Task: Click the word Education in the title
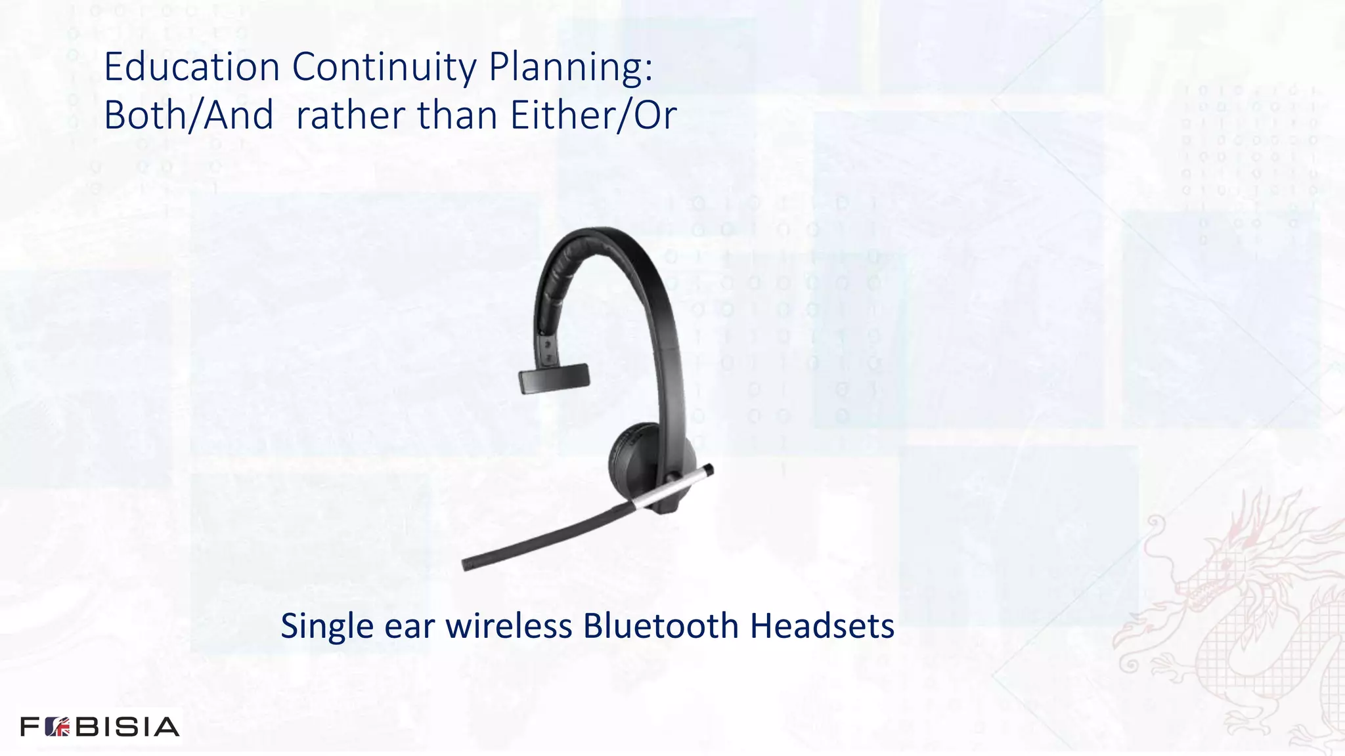192,67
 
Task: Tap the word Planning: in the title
571,67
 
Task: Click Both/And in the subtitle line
188,115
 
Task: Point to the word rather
351,115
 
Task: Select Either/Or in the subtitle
593,115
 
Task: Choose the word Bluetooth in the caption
661,626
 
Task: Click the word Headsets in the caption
822,626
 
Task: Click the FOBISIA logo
100,726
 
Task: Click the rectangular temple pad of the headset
554,379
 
